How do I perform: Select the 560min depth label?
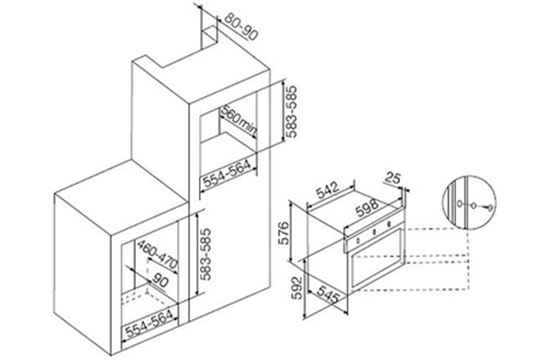[x=239, y=121]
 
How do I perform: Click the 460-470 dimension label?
[x=157, y=255]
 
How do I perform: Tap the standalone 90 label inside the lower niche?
[x=160, y=281]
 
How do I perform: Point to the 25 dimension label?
[x=392, y=179]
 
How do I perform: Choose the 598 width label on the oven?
[x=367, y=208]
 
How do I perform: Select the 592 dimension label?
[x=297, y=288]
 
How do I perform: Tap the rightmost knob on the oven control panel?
[x=388, y=224]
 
